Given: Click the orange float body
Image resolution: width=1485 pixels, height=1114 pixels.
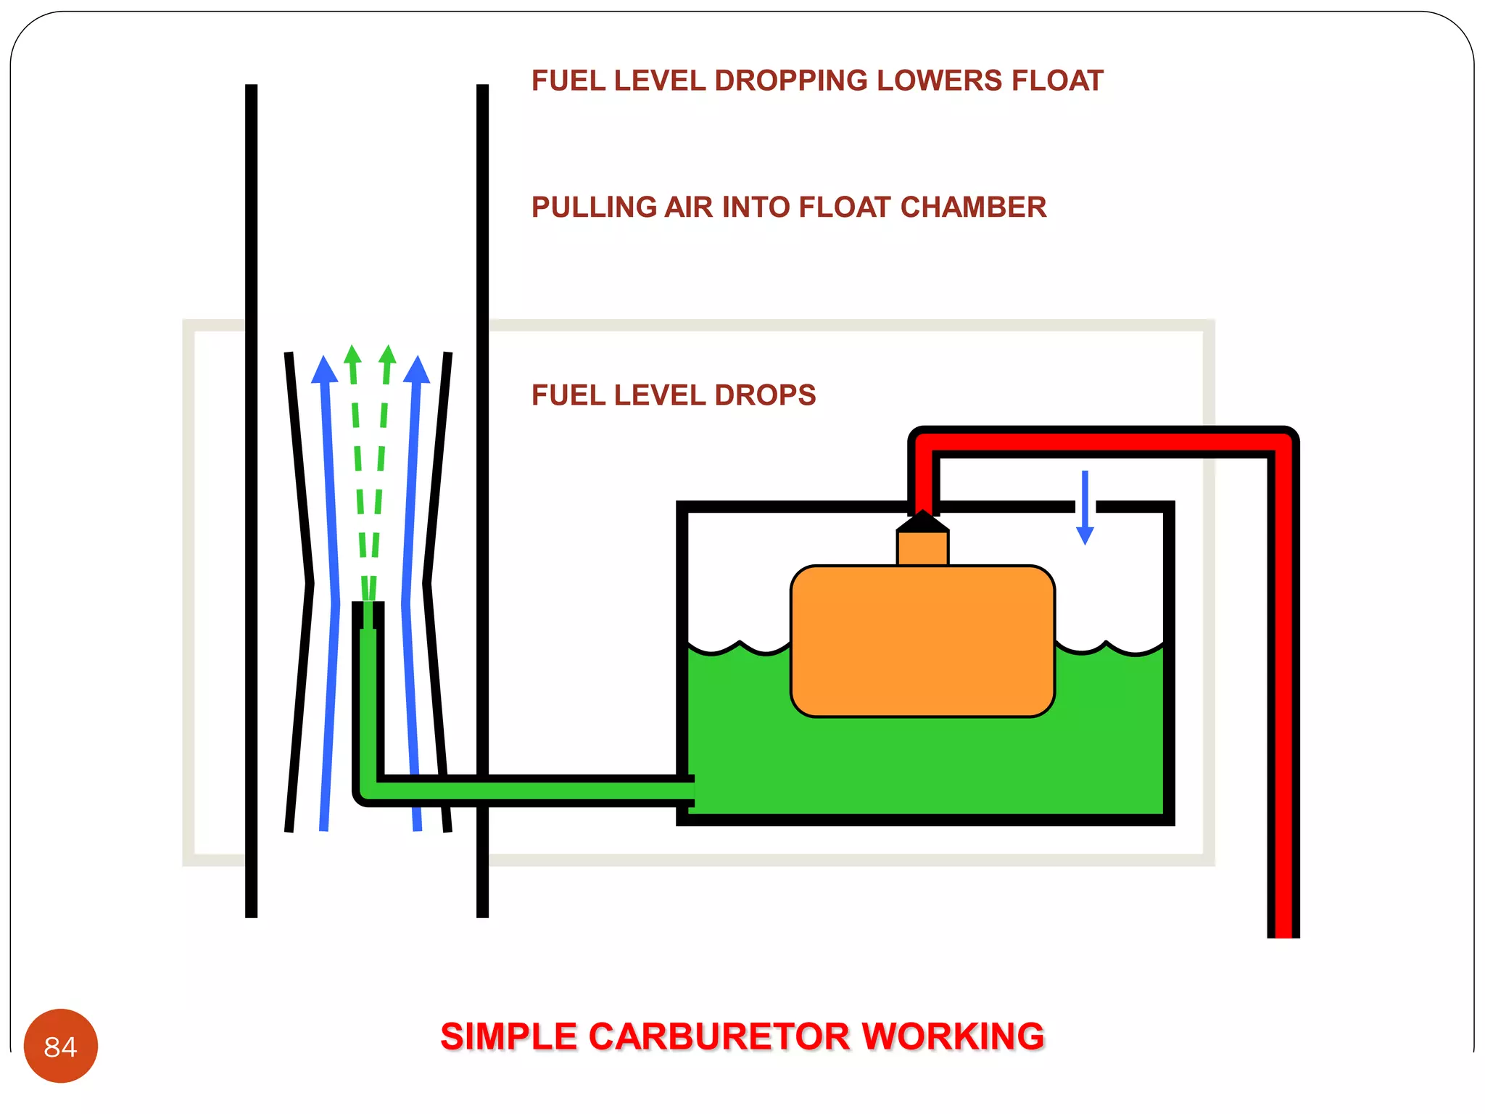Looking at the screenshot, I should click(x=922, y=641).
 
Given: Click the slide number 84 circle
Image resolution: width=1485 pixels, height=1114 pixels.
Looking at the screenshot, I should click(x=61, y=1046).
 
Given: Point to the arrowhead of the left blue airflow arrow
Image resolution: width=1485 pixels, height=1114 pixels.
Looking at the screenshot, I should click(x=324, y=369).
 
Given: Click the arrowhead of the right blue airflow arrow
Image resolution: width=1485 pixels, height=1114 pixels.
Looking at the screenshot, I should click(x=417, y=369).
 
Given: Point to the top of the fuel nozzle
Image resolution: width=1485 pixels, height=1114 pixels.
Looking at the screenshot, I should click(x=368, y=606).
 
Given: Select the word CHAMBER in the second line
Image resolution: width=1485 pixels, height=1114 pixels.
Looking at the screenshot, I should click(x=973, y=207).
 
